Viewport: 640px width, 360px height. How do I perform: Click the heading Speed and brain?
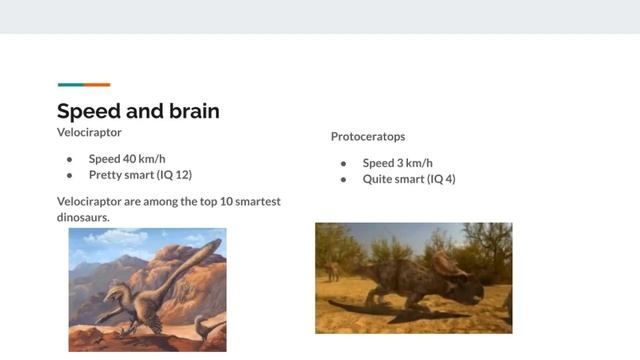(x=138, y=111)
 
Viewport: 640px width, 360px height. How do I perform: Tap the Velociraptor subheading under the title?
(x=89, y=131)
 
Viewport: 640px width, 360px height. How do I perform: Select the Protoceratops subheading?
(x=368, y=136)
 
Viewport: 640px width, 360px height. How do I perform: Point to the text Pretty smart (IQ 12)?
(x=140, y=174)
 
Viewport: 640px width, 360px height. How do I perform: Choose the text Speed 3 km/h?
(x=397, y=163)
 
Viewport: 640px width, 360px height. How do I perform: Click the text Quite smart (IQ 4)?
(x=409, y=179)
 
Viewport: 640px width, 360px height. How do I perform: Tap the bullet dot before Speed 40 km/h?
(x=70, y=159)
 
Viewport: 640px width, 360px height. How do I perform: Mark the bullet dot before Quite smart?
(x=343, y=180)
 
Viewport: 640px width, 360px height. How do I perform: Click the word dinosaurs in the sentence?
(x=83, y=216)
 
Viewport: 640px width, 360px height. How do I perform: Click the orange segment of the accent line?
(x=97, y=85)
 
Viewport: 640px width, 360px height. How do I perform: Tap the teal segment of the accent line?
(x=70, y=85)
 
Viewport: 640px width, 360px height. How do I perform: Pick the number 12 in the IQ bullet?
(x=179, y=174)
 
